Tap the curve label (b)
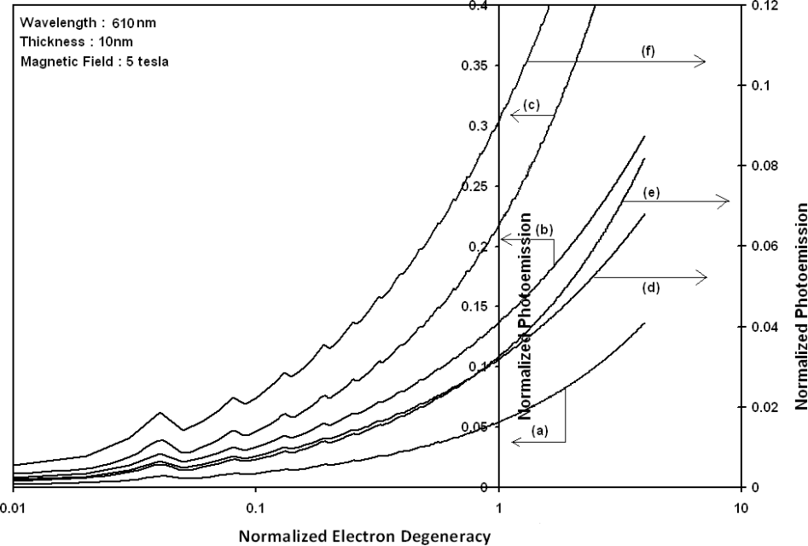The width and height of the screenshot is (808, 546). tap(545, 229)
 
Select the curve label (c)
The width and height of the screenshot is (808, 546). tap(532, 105)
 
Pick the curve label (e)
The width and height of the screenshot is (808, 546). tap(631, 194)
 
